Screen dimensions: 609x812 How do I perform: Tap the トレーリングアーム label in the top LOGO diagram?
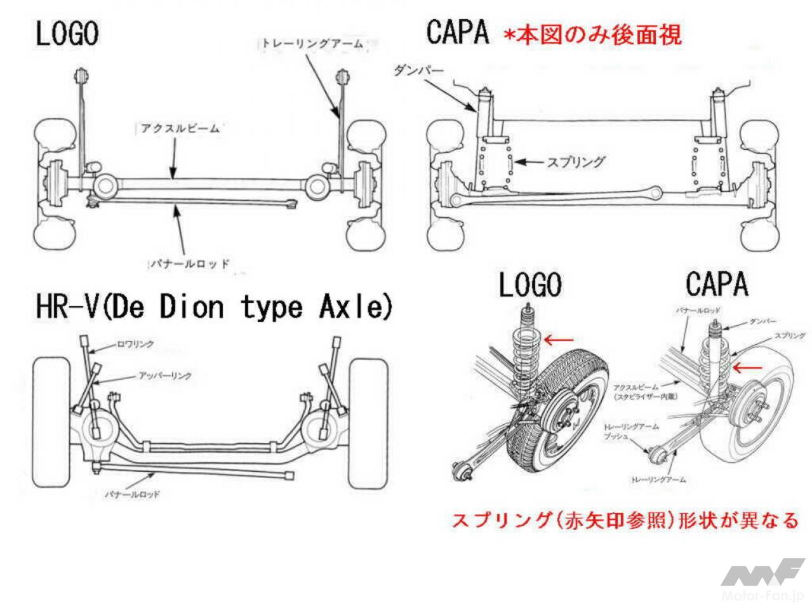point(311,43)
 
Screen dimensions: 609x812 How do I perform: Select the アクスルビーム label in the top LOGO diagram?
point(180,128)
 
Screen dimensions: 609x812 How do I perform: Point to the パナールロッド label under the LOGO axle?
point(189,262)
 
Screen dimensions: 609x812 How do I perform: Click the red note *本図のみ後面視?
point(592,34)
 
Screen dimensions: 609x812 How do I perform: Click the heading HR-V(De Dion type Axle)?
point(214,307)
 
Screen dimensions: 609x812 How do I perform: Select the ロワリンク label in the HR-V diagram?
point(136,344)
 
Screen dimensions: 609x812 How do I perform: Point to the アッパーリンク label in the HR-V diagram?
point(165,376)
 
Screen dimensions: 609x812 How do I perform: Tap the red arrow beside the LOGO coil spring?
point(559,340)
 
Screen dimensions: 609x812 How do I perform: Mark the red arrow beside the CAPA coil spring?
point(746,366)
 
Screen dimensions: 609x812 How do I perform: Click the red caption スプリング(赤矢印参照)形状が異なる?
point(625,521)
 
